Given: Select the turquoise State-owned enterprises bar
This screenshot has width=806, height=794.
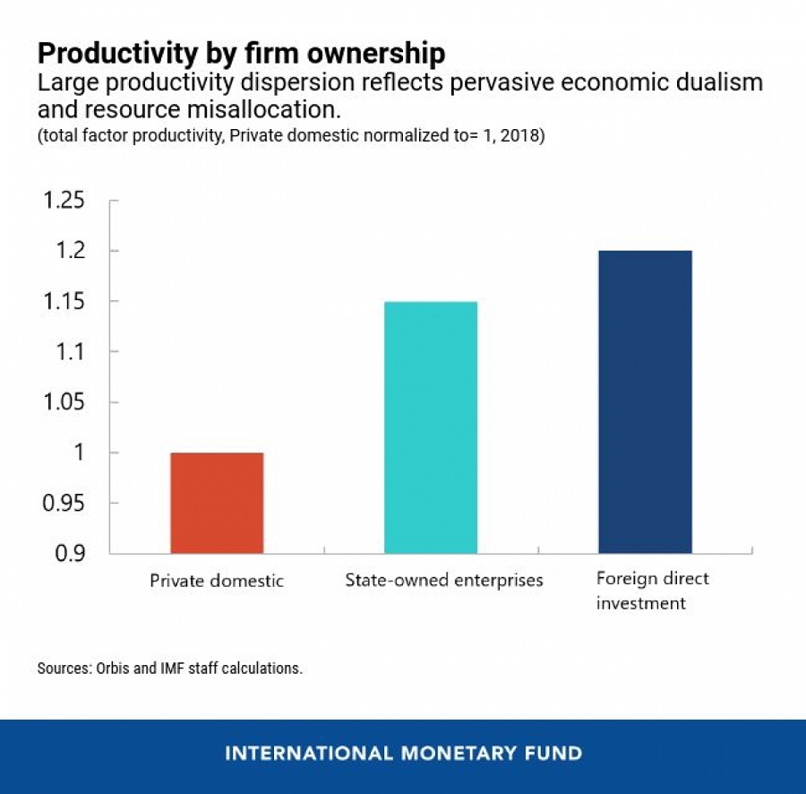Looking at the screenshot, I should point(431,427).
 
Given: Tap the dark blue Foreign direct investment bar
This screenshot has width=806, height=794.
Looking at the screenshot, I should point(645,401).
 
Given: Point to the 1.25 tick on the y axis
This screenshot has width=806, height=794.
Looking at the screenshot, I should point(64,201).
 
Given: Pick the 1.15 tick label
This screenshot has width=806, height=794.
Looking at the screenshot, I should point(64,302).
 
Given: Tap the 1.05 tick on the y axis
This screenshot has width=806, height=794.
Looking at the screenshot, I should point(64,402).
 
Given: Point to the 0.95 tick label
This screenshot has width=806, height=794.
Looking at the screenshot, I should point(64,504).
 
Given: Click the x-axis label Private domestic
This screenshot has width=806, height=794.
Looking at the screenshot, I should point(217,581).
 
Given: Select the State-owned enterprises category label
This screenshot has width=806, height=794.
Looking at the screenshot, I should point(444,580).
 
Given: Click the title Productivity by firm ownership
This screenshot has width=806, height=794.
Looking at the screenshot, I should point(241,53).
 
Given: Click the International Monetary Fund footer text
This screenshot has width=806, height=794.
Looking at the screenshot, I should point(403,753).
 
